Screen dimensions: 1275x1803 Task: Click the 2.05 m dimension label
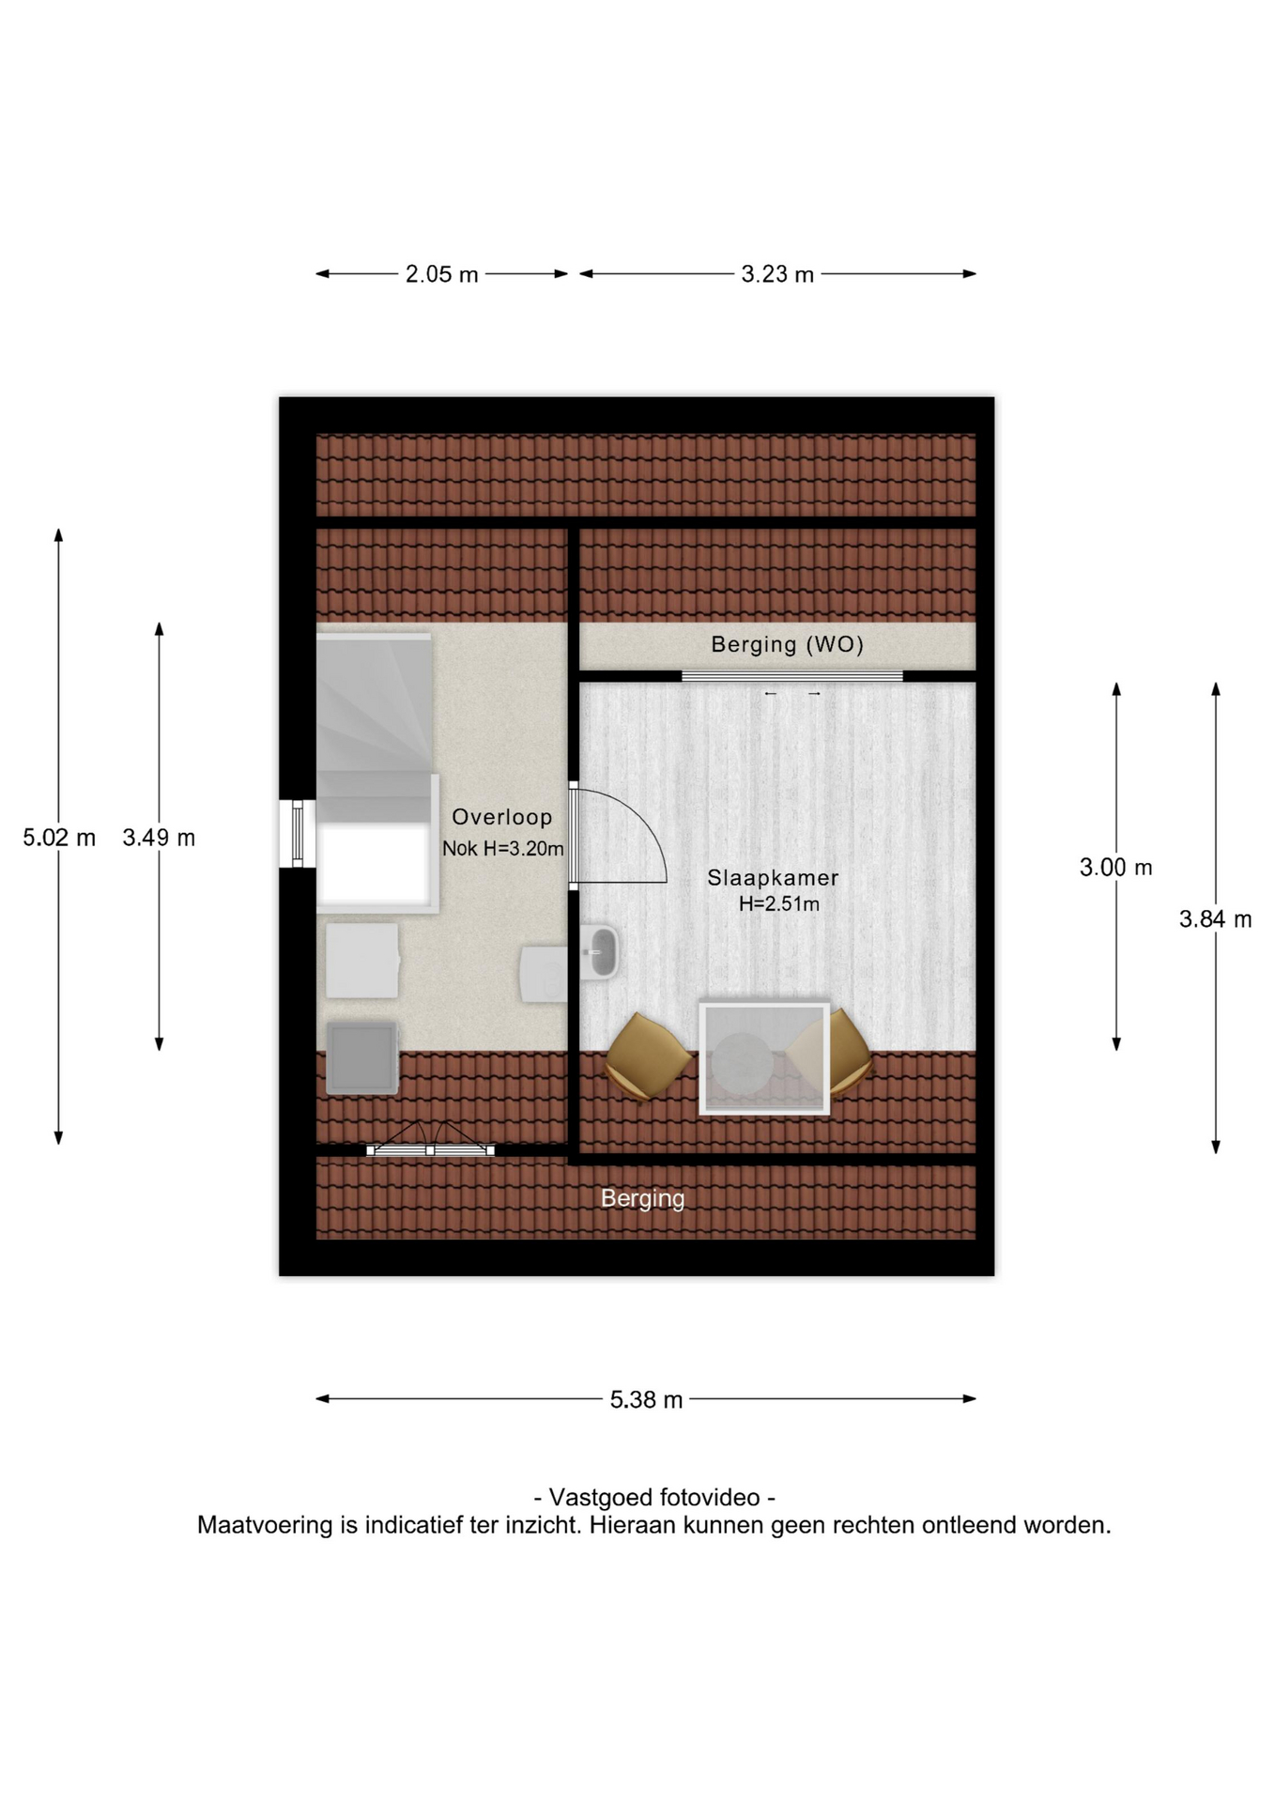pos(441,274)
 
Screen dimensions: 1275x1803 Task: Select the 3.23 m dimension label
pos(777,274)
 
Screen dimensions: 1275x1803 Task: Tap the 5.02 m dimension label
pos(59,838)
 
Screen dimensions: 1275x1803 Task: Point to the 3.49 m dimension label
pos(159,838)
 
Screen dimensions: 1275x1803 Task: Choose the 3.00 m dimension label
pos(1115,868)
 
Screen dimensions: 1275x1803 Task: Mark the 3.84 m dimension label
pos(1215,919)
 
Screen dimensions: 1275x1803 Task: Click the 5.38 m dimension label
pos(646,1400)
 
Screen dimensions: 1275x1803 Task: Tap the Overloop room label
pos(502,817)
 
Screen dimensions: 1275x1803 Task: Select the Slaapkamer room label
pos(773,878)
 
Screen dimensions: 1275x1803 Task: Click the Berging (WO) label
pos(787,644)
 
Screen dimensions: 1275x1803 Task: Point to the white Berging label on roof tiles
pos(643,1198)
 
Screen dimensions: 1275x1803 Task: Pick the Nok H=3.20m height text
pos(503,849)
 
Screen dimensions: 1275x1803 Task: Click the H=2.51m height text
pos(779,904)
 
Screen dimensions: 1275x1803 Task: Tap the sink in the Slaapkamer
pos(599,952)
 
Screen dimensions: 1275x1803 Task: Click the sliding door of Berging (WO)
pos(791,676)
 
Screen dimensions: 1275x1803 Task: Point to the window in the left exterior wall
pos(298,834)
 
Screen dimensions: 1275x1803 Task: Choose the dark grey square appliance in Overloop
pos(362,1058)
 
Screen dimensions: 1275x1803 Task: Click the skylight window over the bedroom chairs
pos(764,1058)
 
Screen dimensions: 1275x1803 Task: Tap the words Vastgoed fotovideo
pos(654,1497)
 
